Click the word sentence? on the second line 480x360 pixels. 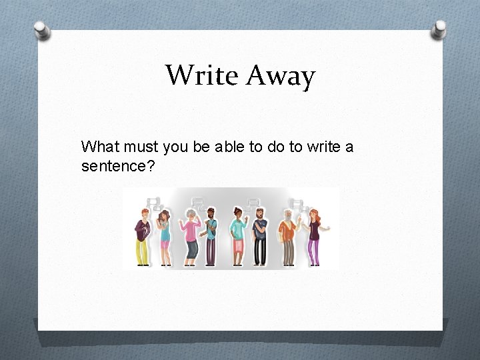pyautogui.click(x=118, y=165)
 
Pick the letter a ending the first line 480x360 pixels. pyautogui.click(x=349, y=147)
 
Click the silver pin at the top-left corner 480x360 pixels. pyautogui.click(x=42, y=29)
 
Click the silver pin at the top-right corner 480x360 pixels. pyautogui.click(x=439, y=29)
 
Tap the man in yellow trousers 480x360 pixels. pyautogui.click(x=142, y=237)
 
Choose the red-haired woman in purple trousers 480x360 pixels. pyautogui.click(x=314, y=237)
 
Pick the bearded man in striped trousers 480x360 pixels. pyautogui.click(x=210, y=237)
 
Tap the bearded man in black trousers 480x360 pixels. pyautogui.click(x=260, y=237)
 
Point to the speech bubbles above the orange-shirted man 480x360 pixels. pyautogui.click(x=298, y=203)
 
